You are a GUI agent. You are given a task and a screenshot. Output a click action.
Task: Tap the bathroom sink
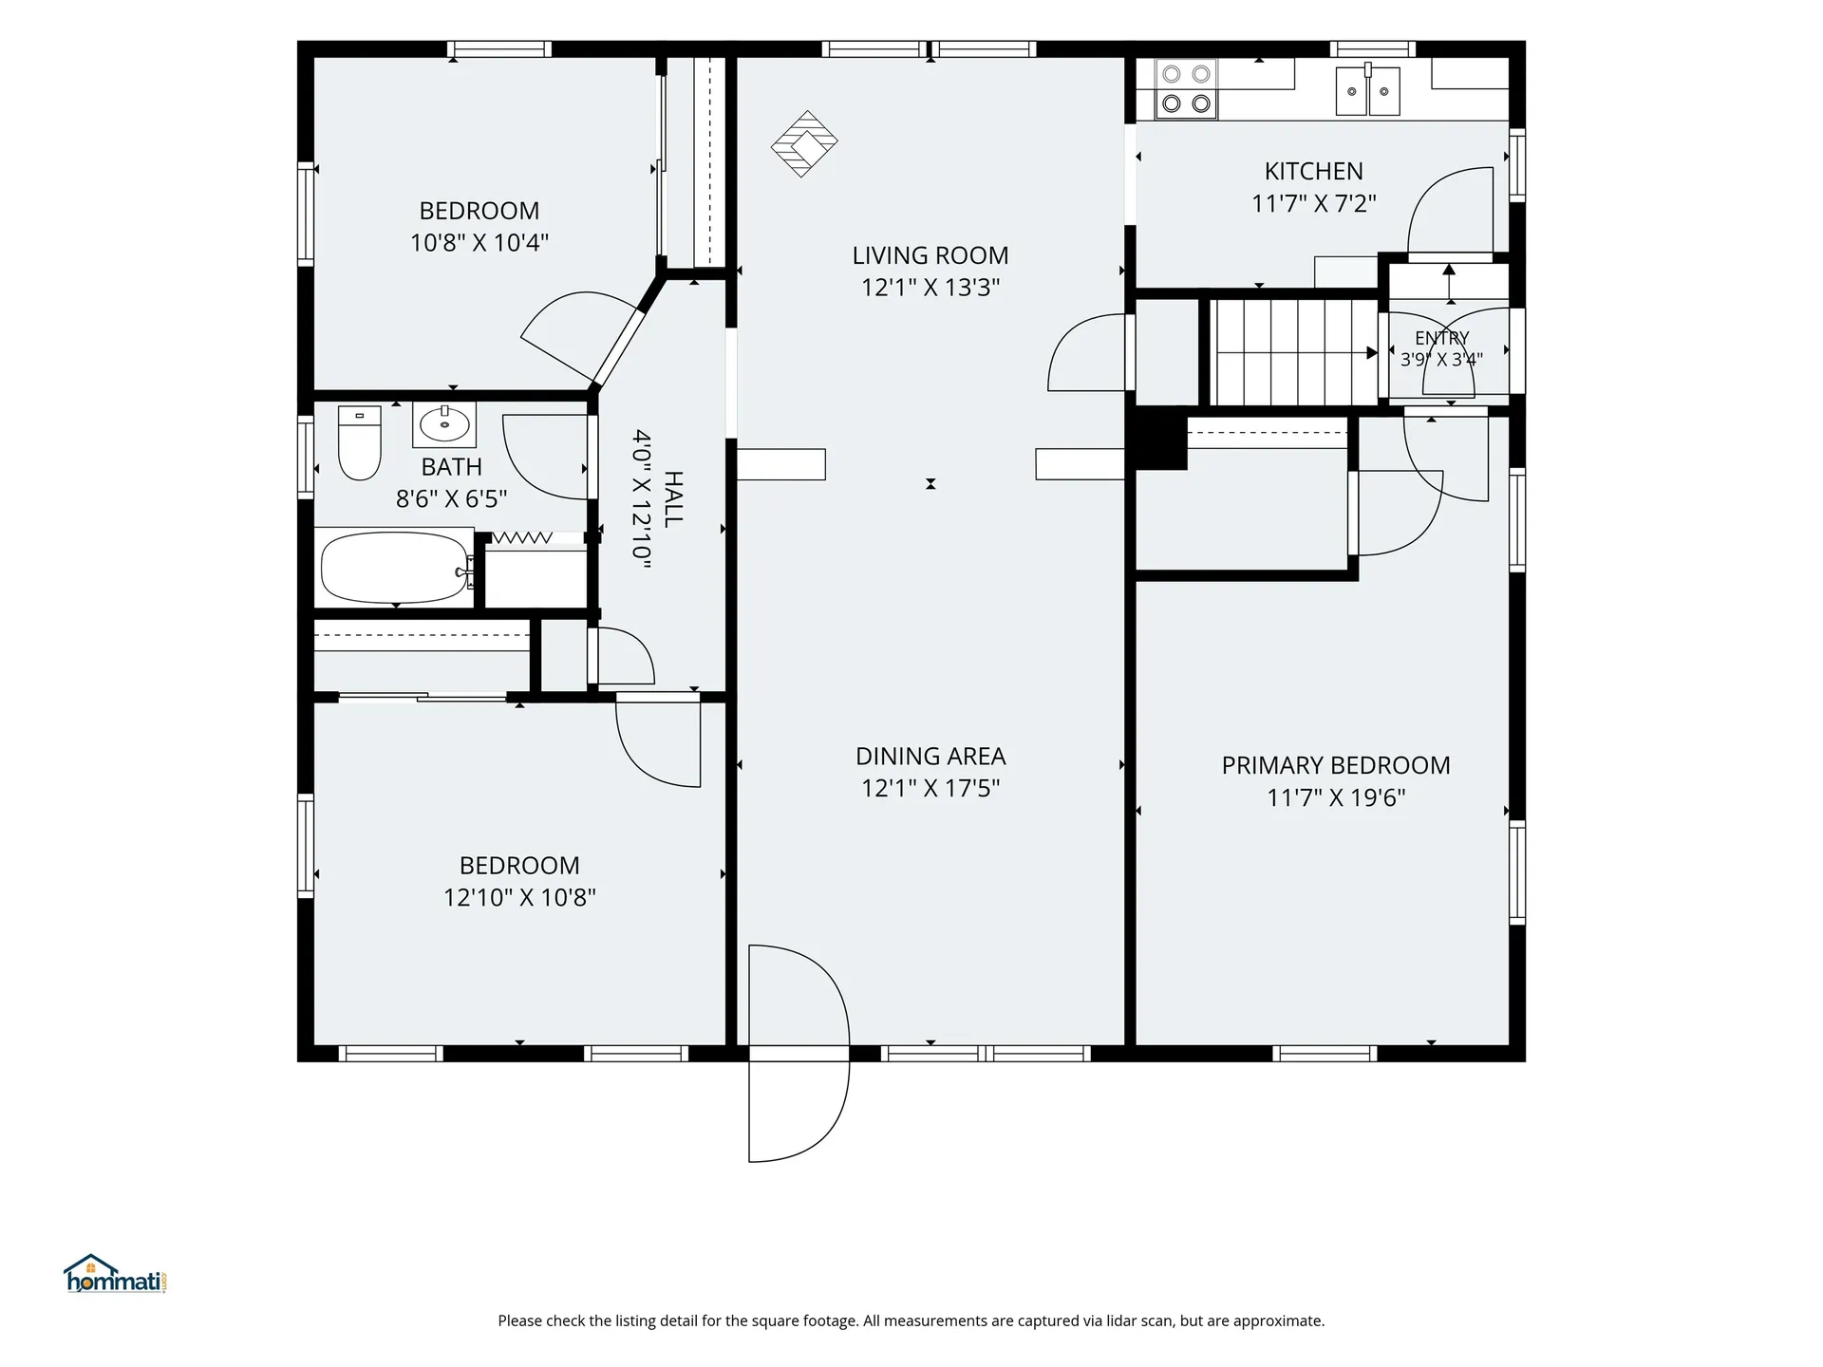pyautogui.click(x=444, y=424)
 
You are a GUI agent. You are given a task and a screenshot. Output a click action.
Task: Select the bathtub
pyautogui.click(x=395, y=568)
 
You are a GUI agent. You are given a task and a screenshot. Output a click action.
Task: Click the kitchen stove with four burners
pyautogui.click(x=1186, y=88)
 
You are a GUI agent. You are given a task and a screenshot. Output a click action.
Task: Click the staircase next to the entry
pyautogui.click(x=1294, y=352)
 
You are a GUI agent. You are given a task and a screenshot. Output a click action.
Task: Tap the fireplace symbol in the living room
pyautogui.click(x=804, y=143)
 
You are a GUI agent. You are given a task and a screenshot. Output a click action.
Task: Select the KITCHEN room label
pyautogui.click(x=1313, y=171)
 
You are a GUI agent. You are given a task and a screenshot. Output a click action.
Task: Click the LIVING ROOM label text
pyautogui.click(x=930, y=255)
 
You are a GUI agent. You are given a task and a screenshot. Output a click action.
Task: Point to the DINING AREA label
pyautogui.click(x=930, y=757)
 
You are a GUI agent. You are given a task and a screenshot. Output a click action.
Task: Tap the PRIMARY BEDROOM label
pyautogui.click(x=1336, y=765)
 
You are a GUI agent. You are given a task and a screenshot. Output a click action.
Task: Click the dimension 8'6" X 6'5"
pyautogui.click(x=452, y=498)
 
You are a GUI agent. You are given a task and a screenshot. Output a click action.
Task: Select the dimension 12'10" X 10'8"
pyautogui.click(x=519, y=897)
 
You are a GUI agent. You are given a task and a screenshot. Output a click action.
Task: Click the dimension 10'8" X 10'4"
pyautogui.click(x=479, y=242)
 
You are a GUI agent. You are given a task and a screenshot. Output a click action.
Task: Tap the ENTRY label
pyautogui.click(x=1441, y=338)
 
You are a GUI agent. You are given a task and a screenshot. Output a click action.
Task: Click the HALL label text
pyautogui.click(x=673, y=499)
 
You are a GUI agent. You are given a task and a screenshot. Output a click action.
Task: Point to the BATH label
pyautogui.click(x=452, y=467)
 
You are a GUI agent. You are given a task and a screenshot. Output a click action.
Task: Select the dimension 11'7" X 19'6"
pyautogui.click(x=1336, y=797)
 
